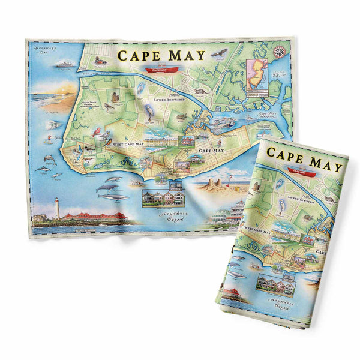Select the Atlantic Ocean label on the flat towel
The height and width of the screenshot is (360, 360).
coord(178,213)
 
